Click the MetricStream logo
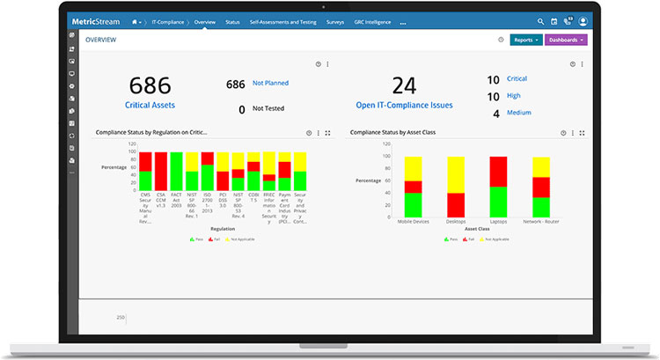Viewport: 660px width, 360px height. point(96,20)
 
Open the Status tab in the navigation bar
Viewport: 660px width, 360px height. point(232,21)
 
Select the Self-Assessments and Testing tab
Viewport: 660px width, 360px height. point(283,21)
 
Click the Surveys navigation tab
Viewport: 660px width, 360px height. point(335,21)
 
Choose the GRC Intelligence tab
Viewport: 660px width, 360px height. point(372,21)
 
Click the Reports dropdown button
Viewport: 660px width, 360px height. point(525,40)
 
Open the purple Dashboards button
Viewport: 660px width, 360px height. point(566,40)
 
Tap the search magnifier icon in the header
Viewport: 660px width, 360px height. point(540,21)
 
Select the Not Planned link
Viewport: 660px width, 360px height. point(270,83)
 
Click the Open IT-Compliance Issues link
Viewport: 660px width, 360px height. point(404,105)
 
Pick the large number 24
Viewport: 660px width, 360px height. point(404,85)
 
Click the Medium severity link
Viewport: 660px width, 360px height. point(519,113)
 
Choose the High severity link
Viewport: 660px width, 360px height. point(513,96)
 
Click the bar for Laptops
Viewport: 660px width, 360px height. point(498,187)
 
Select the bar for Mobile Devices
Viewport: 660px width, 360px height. point(414,187)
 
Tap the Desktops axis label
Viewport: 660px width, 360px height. point(456,222)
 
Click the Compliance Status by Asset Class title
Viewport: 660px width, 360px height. point(392,132)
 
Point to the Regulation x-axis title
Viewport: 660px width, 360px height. point(222,229)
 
